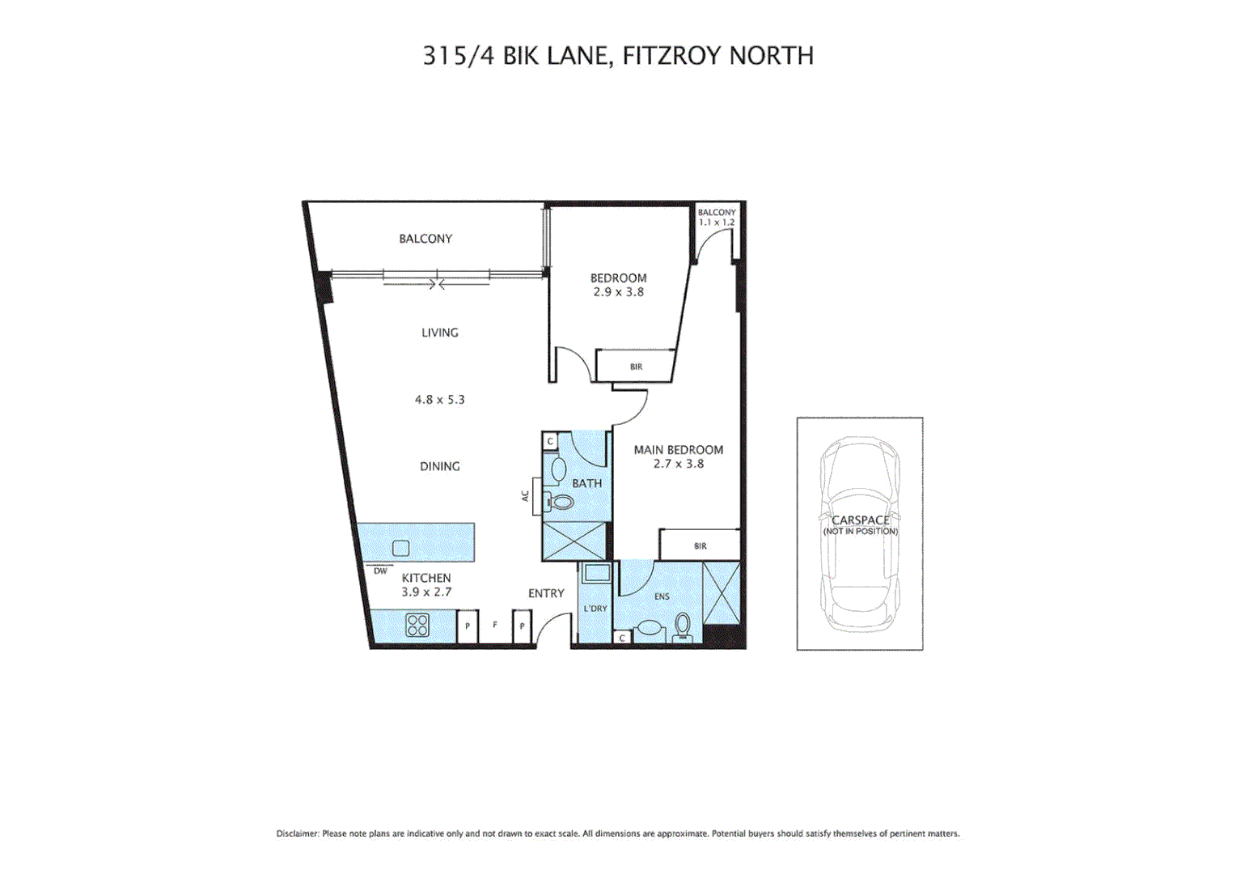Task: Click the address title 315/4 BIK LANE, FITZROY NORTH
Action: (618, 55)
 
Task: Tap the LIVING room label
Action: (439, 333)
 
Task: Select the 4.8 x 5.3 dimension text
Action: (439, 400)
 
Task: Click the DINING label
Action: (439, 466)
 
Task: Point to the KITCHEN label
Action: (426, 578)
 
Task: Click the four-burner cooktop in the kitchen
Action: (417, 625)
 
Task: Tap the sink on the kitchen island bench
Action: (400, 548)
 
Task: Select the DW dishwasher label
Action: (380, 571)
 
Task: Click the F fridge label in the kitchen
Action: (495, 625)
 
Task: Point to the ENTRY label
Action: (546, 593)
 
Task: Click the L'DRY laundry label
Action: (595, 609)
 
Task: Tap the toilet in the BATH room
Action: (560, 502)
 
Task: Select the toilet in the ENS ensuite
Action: (683, 626)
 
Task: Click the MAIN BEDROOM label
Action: (678, 450)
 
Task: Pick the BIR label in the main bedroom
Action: (701, 546)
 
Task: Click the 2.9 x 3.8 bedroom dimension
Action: (618, 292)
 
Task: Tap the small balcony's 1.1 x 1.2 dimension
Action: (717, 223)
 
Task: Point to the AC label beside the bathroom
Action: (525, 496)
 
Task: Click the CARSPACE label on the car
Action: (860, 520)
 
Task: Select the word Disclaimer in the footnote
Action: (297, 834)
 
